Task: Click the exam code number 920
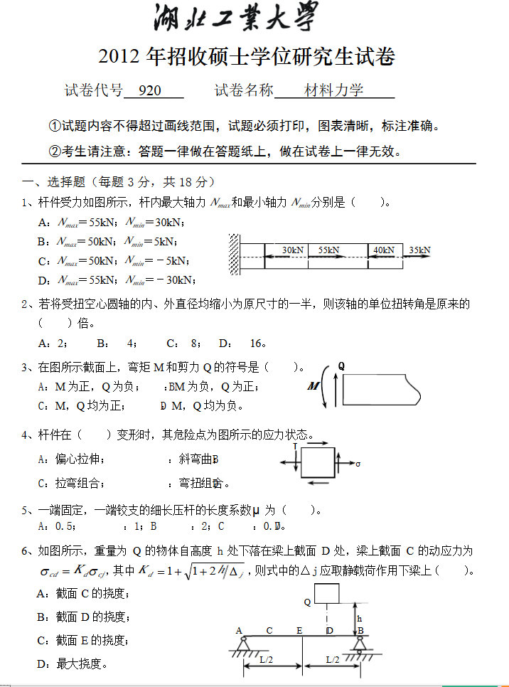151,90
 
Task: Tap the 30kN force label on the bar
292,250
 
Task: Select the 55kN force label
328,250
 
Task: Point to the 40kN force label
383,250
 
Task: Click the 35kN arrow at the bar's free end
419,256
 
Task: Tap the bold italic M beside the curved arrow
313,386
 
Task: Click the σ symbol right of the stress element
358,464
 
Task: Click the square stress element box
318,462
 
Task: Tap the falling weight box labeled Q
326,593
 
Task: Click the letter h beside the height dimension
360,618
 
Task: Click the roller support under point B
359,644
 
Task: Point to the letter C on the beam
269,630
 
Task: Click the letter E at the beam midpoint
299,630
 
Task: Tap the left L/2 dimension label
267,660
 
